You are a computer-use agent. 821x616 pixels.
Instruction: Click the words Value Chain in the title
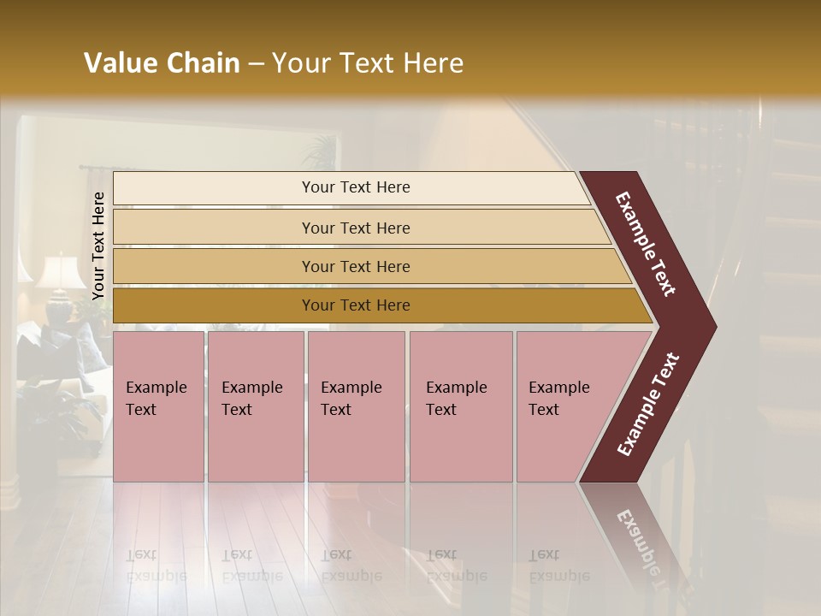(162, 63)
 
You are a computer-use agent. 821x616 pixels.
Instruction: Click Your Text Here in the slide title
(368, 63)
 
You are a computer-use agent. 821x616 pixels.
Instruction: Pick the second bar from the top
(355, 228)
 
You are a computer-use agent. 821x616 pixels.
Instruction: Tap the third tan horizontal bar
(355, 266)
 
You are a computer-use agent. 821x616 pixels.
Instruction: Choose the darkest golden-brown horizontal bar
(355, 305)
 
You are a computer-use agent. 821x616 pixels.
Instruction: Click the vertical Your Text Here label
(98, 246)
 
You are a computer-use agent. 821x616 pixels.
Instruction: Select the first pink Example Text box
(158, 406)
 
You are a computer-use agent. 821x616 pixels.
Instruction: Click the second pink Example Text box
(255, 406)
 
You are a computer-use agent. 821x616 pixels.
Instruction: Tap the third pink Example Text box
(356, 406)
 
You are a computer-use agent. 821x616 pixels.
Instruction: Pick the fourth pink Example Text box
(460, 406)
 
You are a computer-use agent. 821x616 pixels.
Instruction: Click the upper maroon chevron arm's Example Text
(646, 244)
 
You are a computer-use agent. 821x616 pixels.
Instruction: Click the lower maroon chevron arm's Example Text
(648, 405)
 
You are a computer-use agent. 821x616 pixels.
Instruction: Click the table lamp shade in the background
(61, 272)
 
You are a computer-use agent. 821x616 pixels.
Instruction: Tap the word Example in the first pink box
(156, 388)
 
